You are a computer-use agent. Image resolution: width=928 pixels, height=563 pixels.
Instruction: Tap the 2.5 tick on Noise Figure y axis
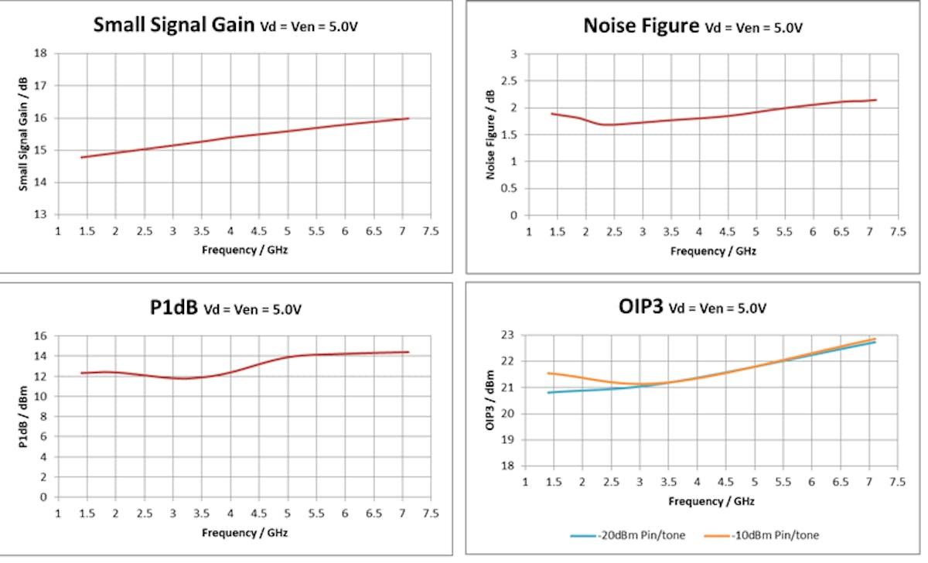click(510, 80)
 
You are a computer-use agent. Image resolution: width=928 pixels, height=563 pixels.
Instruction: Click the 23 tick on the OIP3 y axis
click(509, 335)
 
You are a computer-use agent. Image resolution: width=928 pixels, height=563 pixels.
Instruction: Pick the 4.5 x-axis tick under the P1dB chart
click(258, 514)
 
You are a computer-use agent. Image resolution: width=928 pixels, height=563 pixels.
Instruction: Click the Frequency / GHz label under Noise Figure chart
click(712, 251)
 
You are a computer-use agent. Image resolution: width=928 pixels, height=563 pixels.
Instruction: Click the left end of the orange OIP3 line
click(548, 373)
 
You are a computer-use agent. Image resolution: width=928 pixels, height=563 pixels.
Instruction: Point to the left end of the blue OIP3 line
click(548, 392)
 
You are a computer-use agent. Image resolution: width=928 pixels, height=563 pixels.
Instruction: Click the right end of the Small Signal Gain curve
click(408, 118)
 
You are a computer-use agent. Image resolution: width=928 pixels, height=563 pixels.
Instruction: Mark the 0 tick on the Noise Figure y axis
click(513, 215)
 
